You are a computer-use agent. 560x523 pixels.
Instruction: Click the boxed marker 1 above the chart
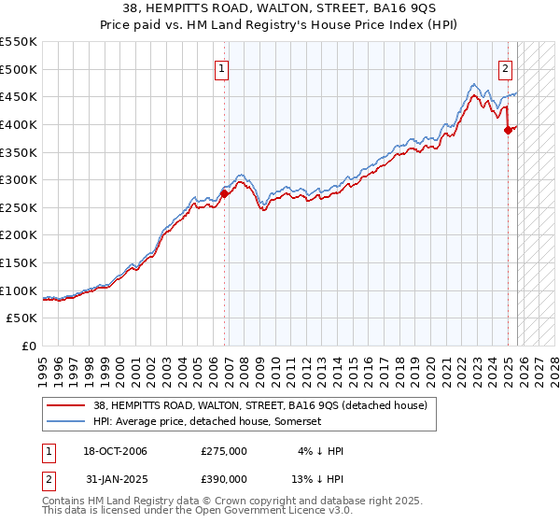tap(223, 67)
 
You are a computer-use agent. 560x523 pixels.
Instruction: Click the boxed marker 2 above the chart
tap(505, 67)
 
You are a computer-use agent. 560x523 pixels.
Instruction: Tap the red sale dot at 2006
tap(224, 194)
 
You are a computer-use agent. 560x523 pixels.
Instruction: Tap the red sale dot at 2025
tap(509, 130)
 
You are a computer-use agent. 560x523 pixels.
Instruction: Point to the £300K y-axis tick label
tap(19, 179)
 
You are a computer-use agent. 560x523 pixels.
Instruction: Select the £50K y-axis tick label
tap(22, 318)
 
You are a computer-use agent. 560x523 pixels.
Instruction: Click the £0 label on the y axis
tap(28, 346)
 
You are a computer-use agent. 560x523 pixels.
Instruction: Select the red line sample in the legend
tap(66, 405)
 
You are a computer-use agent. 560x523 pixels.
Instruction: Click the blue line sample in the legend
tap(66, 422)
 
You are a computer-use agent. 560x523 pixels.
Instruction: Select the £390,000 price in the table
tap(224, 478)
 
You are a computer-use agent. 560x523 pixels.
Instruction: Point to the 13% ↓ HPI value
tap(318, 478)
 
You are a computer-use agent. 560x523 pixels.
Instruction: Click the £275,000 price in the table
tap(224, 451)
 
